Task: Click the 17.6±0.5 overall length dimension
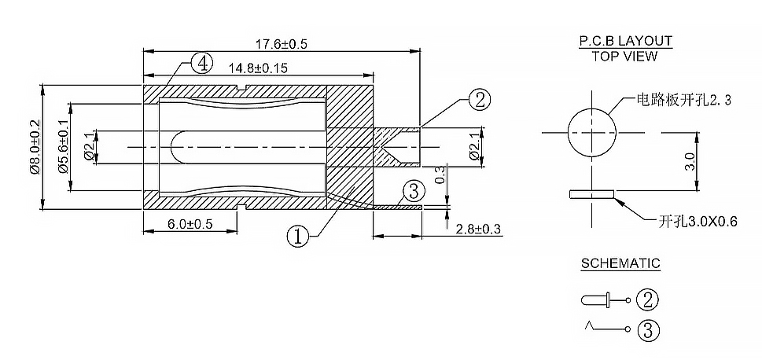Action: point(282,44)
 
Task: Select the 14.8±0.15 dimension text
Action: point(258,68)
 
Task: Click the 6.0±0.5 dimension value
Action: point(190,224)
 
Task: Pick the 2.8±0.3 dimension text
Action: point(478,229)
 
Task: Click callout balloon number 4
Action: point(201,64)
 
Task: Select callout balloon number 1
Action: point(297,237)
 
